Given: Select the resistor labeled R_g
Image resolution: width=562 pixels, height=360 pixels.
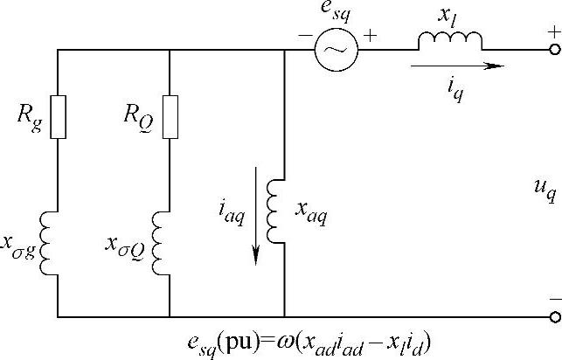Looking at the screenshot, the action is pyautogui.click(x=57, y=116).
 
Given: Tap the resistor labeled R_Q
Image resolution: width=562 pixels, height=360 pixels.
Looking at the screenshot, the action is pyautogui.click(x=170, y=116).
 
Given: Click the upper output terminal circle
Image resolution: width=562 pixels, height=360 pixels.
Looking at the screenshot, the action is pyautogui.click(x=554, y=51).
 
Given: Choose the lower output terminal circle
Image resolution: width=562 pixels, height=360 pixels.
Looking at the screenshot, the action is pyautogui.click(x=554, y=316).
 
